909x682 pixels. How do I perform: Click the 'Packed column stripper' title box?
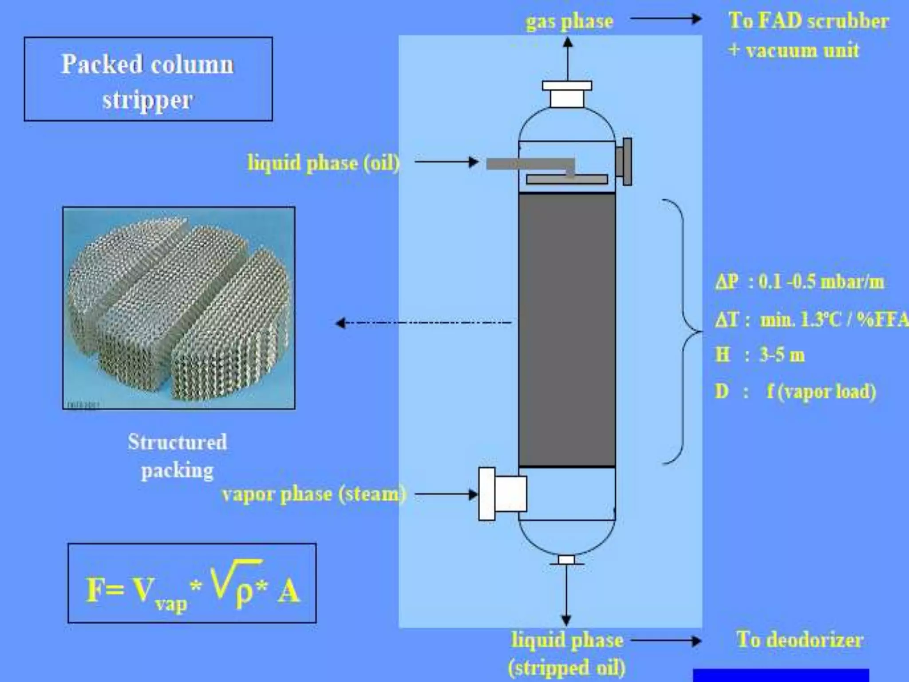148,79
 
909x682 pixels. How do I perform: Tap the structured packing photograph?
178,308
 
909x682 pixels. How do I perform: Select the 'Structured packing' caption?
177,456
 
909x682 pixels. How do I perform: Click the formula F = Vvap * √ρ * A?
192,583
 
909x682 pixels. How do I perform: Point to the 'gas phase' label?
569,21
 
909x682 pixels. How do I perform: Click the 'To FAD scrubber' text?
808,21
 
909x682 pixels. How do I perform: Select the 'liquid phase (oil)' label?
323,163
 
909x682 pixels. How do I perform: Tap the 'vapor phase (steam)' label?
313,494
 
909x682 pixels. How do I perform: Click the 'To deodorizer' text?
799,639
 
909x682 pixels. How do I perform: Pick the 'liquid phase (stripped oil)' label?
567,653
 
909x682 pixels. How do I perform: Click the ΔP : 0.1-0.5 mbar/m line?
799,282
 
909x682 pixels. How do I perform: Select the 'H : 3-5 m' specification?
759,355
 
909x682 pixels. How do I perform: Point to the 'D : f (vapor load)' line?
795,392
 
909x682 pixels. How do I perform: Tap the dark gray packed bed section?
567,329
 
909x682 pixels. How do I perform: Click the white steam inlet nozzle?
503,493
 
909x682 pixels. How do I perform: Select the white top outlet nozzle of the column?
567,94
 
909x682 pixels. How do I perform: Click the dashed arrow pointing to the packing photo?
424,323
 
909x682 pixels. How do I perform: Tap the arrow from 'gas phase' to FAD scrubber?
665,19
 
